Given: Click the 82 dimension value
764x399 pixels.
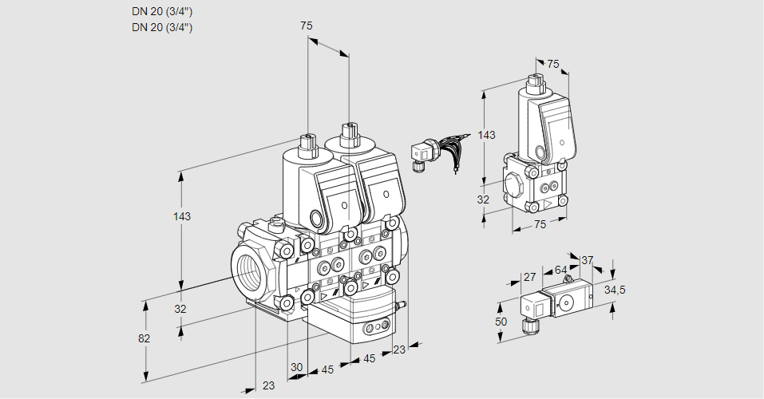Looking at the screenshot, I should tap(144, 338).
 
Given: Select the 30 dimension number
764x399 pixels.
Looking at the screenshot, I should tap(296, 367).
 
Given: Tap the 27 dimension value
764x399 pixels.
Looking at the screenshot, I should tap(529, 278).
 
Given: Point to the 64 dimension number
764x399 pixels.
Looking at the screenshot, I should tap(560, 271).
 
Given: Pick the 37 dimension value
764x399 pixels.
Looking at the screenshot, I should tap(587, 260).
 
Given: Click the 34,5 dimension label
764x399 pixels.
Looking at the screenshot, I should tap(614, 290).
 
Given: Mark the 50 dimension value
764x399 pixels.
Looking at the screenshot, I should tap(501, 321).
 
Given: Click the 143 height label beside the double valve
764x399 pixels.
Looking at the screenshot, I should tap(182, 216).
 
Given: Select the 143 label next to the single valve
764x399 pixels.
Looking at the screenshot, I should tap(485, 136).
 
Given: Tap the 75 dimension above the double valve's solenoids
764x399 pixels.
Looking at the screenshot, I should tap(307, 26).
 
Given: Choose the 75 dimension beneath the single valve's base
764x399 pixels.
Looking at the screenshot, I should tap(540, 225).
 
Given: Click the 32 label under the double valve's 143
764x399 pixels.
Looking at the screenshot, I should tap(180, 309).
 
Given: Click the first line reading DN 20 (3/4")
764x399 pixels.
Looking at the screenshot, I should tap(162, 12).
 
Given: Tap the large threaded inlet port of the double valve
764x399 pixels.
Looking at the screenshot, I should tap(249, 269).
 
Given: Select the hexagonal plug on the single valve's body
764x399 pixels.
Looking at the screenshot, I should tap(516, 184).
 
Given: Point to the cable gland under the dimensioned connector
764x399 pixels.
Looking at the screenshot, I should tap(528, 326).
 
